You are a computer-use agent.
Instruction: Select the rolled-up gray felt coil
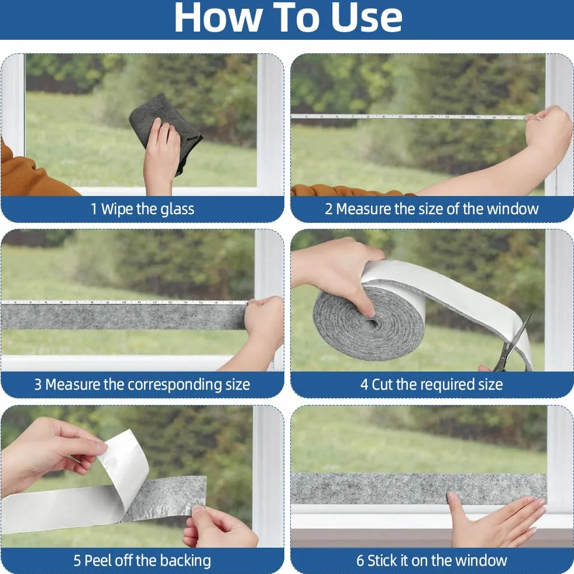pos(368,322)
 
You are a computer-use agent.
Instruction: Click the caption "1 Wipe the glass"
pos(142,209)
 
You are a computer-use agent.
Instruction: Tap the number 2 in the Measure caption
pos(328,209)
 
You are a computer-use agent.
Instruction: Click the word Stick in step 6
pos(382,561)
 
